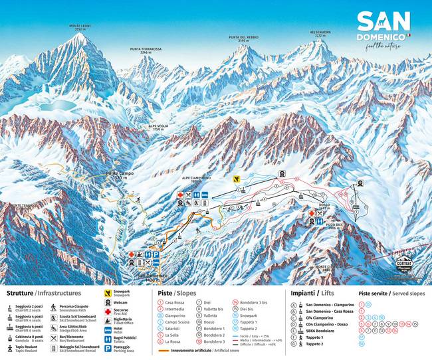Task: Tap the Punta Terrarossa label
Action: click(146, 50)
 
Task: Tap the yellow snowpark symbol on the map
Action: click(236, 179)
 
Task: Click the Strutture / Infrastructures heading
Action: click(44, 293)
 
